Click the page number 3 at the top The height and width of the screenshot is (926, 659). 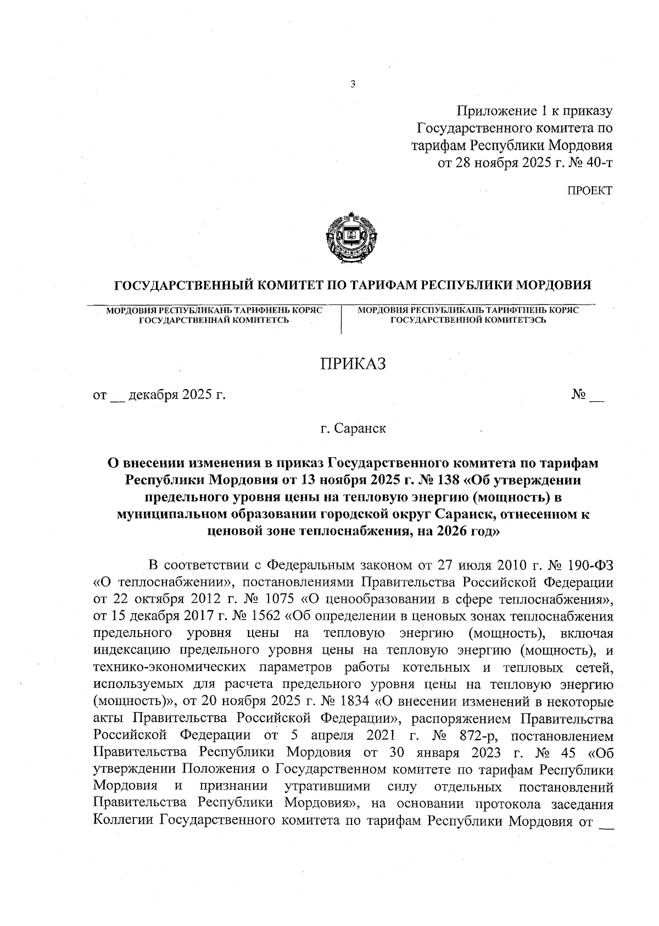(x=353, y=85)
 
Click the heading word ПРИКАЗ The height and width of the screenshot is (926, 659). (x=354, y=363)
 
